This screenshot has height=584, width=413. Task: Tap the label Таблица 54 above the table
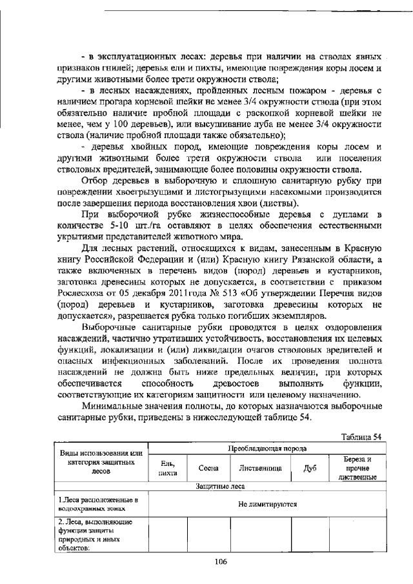click(362, 436)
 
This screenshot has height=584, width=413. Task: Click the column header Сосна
click(208, 468)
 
